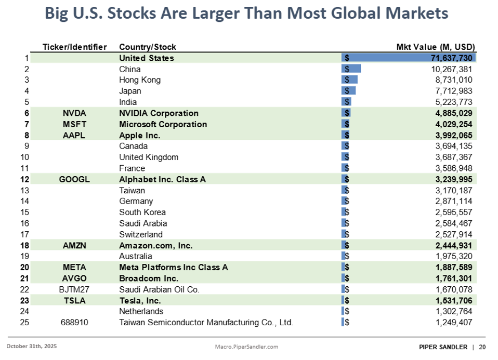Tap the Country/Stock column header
click(x=148, y=47)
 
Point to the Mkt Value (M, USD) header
click(x=436, y=47)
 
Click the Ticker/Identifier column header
click(x=74, y=47)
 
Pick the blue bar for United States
click(x=409, y=58)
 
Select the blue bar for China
click(x=351, y=69)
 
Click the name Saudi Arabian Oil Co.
click(x=159, y=289)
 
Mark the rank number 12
click(x=26, y=179)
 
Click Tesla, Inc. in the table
click(x=140, y=300)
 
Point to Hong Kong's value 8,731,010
click(x=451, y=80)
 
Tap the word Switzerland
click(x=141, y=234)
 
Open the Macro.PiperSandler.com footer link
click(x=247, y=346)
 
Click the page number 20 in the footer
click(x=482, y=347)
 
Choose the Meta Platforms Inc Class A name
click(x=174, y=268)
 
